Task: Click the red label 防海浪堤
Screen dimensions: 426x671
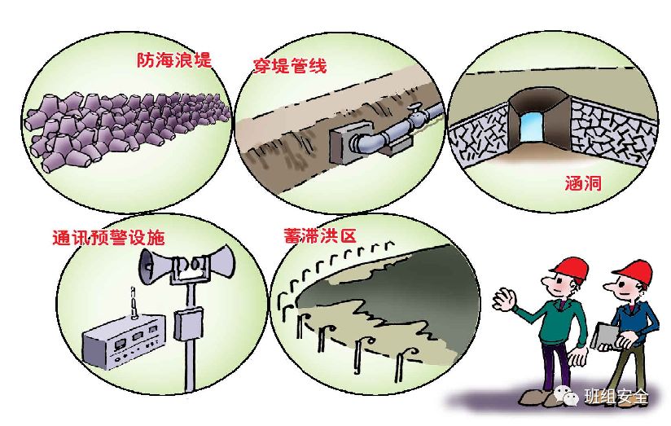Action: point(173,61)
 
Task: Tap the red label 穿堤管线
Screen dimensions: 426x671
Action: point(290,66)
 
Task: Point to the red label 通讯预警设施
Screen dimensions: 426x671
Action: point(107,238)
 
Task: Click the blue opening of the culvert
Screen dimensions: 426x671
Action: point(533,125)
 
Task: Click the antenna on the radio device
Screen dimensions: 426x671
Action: point(130,308)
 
